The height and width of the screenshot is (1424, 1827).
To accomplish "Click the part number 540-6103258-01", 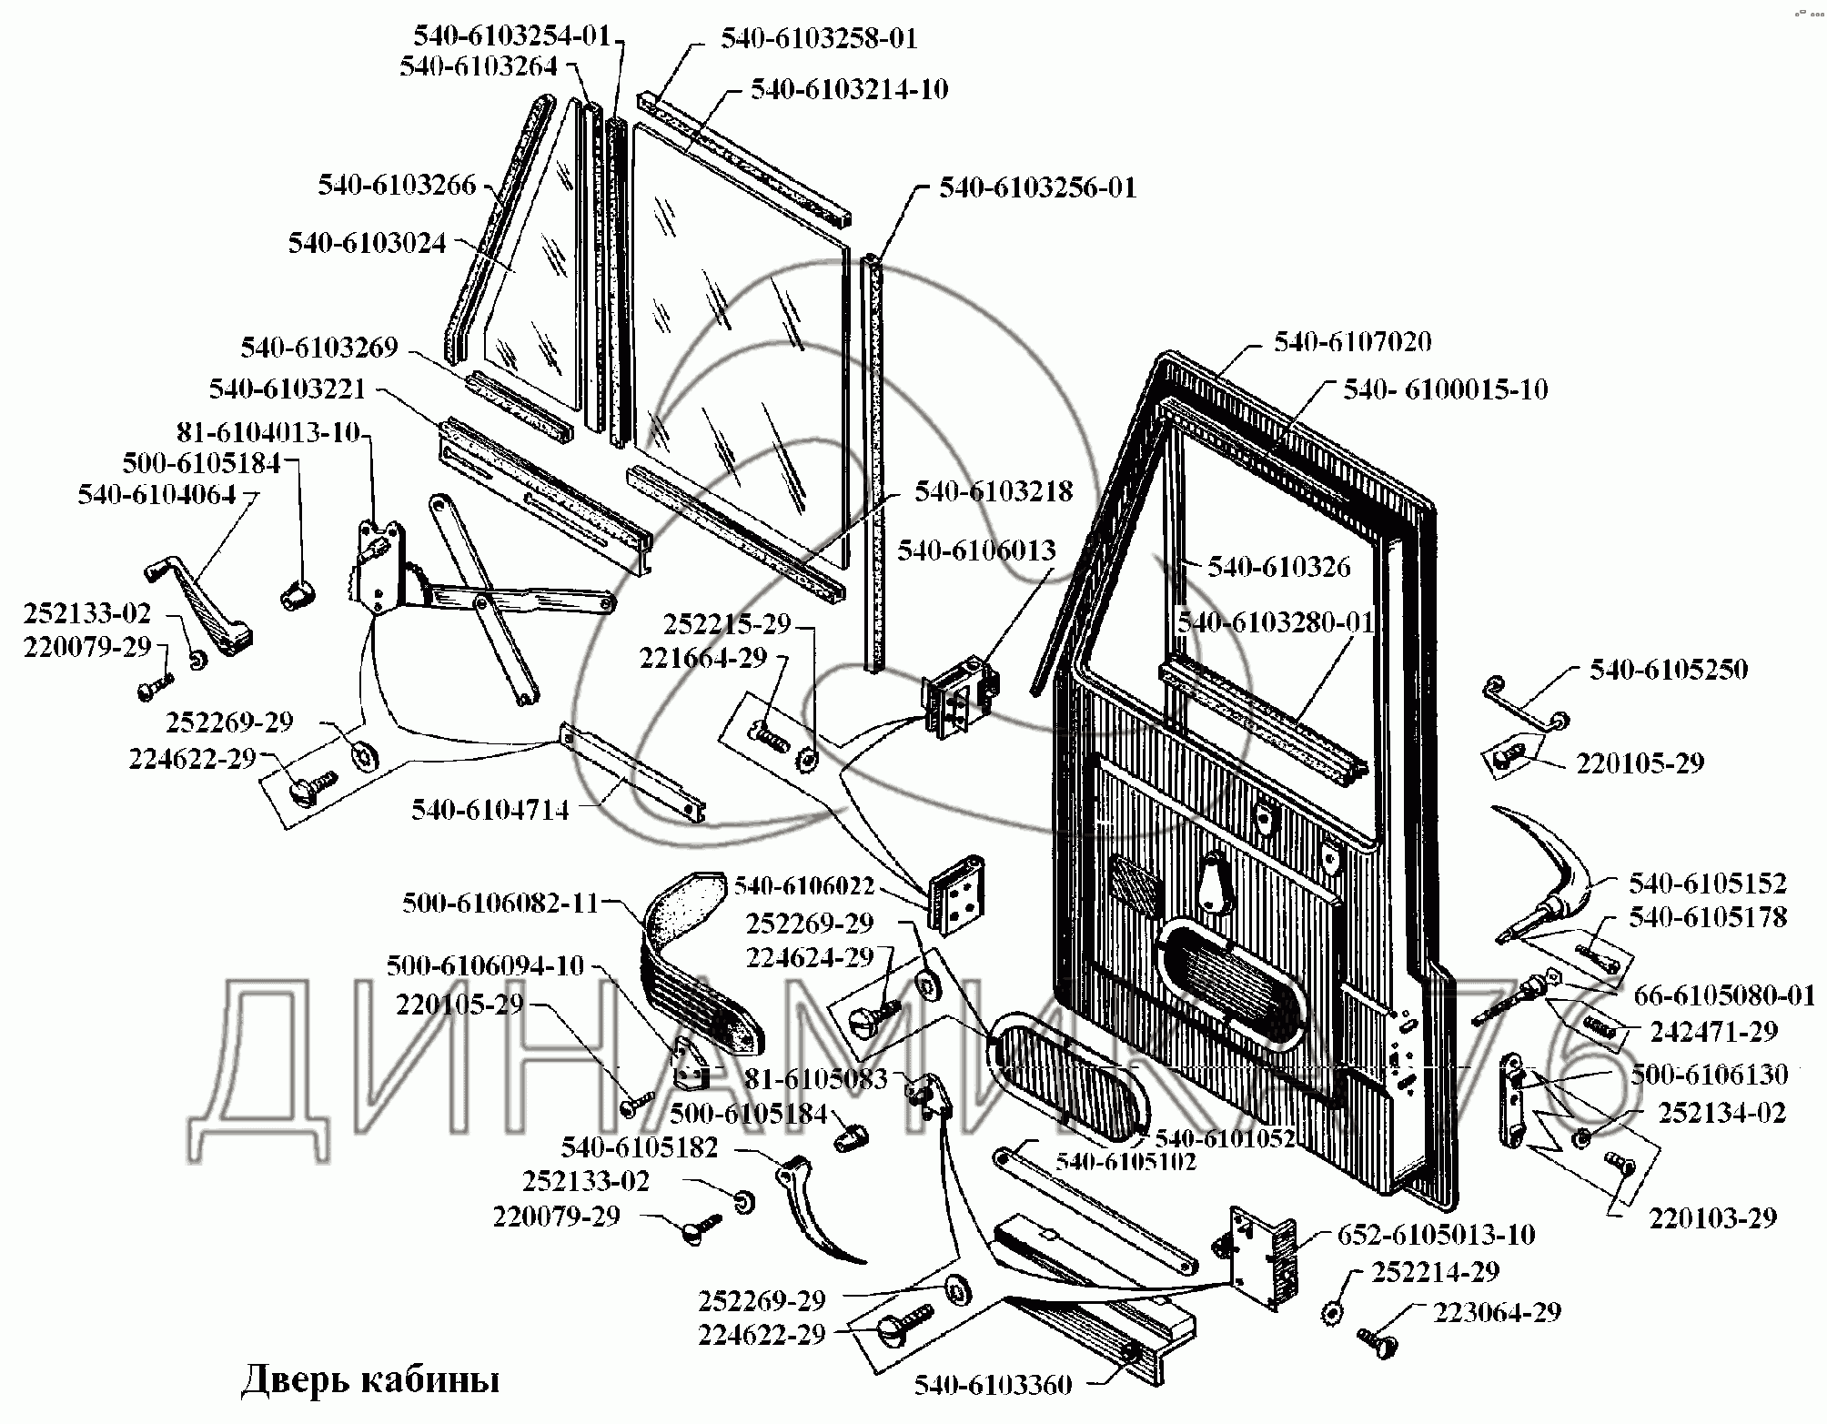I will [x=819, y=39].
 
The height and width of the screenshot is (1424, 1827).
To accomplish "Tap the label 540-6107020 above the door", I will [x=1352, y=342].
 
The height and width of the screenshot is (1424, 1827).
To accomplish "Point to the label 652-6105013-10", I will [x=1436, y=1235].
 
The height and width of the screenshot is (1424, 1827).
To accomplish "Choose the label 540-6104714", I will [x=490, y=810].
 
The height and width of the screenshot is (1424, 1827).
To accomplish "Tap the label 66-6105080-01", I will [x=1724, y=995].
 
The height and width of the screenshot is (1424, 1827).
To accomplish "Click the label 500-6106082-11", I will [x=500, y=904].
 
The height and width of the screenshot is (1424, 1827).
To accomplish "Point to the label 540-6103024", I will [x=368, y=244].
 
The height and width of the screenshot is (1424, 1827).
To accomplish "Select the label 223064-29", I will [x=1497, y=1312].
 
